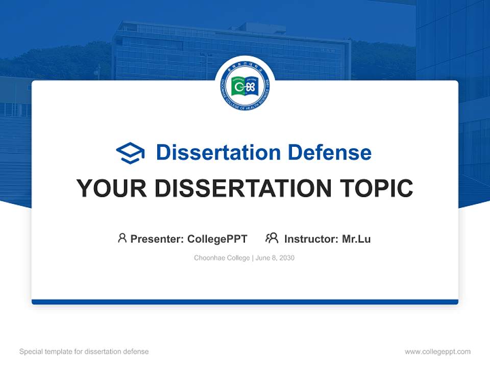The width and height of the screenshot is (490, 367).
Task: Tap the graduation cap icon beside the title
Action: (130, 152)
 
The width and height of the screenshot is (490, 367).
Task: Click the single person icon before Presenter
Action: (122, 238)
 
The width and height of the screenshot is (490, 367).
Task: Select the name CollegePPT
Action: (217, 239)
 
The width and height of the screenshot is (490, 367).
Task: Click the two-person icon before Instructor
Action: (272, 238)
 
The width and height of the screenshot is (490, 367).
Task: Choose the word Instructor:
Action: (311, 239)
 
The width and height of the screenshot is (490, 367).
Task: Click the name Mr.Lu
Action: (356, 239)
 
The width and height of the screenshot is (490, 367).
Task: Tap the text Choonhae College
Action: (222, 258)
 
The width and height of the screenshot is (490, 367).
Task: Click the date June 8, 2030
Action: (275, 258)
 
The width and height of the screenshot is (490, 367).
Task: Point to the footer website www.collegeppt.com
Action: (437, 352)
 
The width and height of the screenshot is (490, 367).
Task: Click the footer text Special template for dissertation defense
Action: (84, 352)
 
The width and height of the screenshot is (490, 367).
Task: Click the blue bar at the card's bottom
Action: (245, 302)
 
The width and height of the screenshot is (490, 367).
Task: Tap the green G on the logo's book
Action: (238, 88)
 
